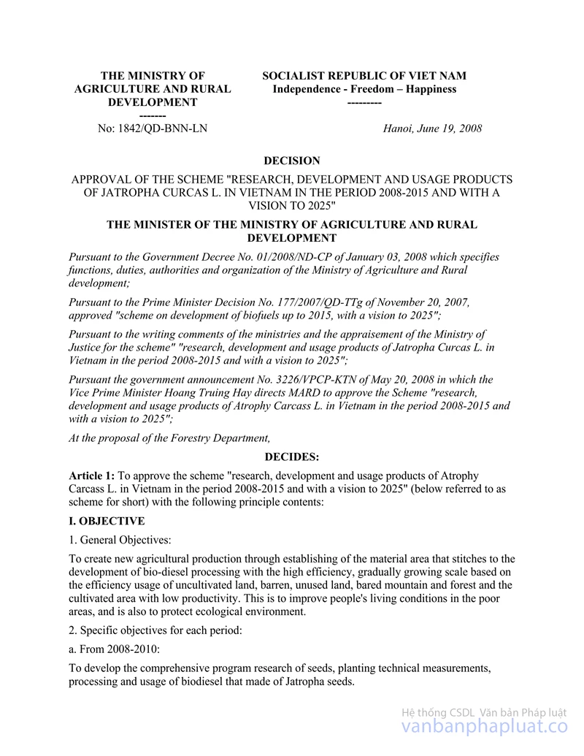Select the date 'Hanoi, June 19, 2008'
pyautogui.click(x=432, y=129)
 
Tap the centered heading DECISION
pyautogui.click(x=291, y=161)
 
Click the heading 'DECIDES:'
pyautogui.click(x=291, y=457)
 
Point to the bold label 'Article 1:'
pyautogui.click(x=91, y=476)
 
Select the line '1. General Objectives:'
pyautogui.click(x=120, y=541)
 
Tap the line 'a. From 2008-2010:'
pyautogui.click(x=114, y=649)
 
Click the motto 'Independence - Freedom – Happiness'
pyautogui.click(x=364, y=89)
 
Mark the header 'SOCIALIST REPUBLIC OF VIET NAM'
pyautogui.click(x=364, y=76)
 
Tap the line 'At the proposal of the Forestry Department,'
pyautogui.click(x=169, y=438)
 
